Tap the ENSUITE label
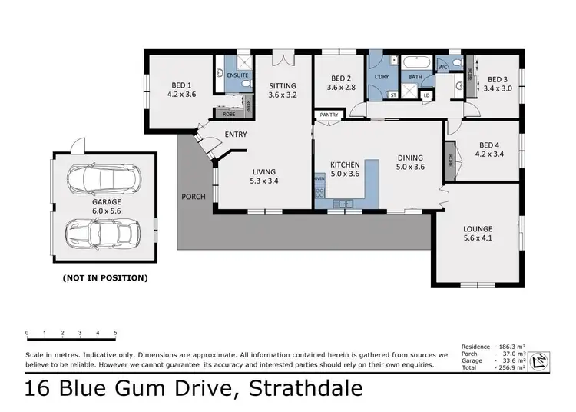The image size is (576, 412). point(238,75)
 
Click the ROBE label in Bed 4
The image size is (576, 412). point(449,161)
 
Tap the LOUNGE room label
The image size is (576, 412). point(477,229)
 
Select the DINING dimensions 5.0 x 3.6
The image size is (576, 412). point(410,166)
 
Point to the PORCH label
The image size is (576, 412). point(194,197)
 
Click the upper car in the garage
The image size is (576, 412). point(104,180)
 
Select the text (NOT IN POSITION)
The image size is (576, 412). point(104,277)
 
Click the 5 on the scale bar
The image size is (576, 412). point(115,333)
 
